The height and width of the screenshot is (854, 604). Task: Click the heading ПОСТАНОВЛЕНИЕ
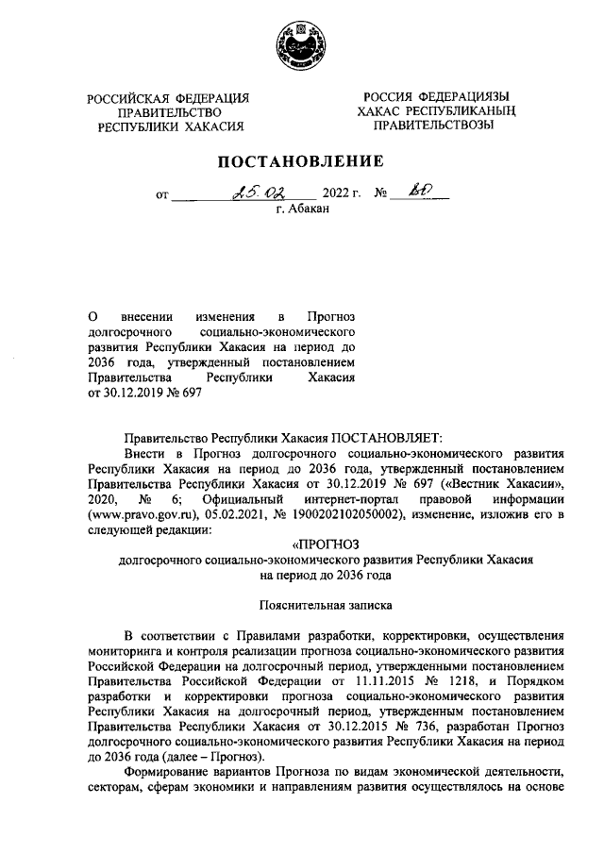[301, 161]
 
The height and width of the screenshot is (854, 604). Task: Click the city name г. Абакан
[302, 209]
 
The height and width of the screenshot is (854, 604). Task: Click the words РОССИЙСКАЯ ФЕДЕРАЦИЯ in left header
[167, 98]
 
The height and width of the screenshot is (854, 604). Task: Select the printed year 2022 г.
[342, 194]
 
